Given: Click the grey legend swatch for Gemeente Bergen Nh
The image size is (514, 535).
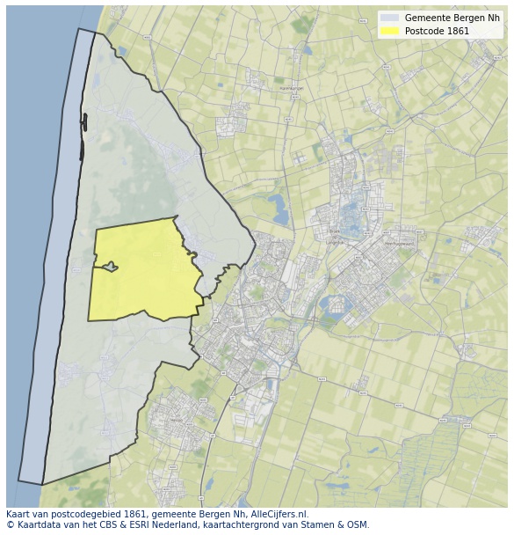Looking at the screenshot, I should tap(389, 18).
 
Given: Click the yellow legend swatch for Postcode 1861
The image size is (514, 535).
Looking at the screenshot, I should tap(389, 32).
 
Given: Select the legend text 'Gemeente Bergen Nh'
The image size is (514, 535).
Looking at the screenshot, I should tap(452, 18).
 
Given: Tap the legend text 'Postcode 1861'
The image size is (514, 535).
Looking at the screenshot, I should tap(437, 32).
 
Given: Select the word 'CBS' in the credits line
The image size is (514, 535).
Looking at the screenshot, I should tap(101, 525).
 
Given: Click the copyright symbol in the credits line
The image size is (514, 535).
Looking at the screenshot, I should tap(10, 525).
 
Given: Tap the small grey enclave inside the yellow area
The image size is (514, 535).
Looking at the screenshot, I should tap(109, 267).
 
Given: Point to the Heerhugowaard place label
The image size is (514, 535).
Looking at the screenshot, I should tap(399, 244).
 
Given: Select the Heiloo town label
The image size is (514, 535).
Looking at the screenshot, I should tap(176, 420).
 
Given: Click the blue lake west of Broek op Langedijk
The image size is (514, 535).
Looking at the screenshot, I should tap(279, 210).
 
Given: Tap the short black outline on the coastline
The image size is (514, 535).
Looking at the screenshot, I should tap(83, 136).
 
